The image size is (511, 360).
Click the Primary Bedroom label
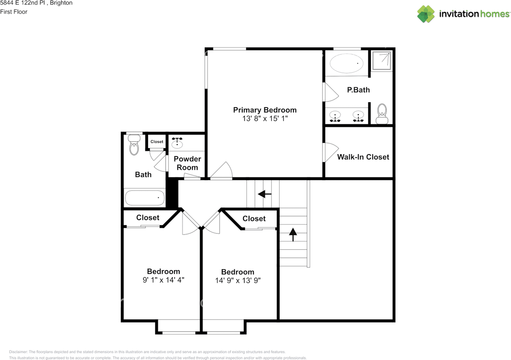pos(265,110)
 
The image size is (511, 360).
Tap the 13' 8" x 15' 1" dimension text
pos(265,119)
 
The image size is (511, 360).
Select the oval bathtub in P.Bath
pos(346,63)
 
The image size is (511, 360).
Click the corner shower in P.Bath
pos(382,60)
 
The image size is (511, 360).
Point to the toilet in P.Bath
pos(382,114)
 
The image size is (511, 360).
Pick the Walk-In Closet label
pos(363,157)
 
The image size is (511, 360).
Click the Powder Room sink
pos(177,143)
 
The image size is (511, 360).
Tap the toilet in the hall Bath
pos(134,145)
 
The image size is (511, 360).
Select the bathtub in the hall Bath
pos(145,198)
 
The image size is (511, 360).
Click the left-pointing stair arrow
pos(265,194)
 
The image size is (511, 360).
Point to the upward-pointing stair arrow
pos(293,235)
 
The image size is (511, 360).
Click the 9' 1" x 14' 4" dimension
pos(163,280)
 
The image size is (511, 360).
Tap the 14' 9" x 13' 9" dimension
pos(238,280)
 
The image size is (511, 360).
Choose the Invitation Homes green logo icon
pos(426,14)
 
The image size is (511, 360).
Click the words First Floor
pos(14,12)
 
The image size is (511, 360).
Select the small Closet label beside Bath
pos(157,142)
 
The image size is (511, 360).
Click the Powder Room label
pos(187,163)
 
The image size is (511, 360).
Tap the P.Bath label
pos(358,90)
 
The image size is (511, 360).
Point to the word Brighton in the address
pos(61,3)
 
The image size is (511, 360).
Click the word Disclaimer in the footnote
pos(18,352)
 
